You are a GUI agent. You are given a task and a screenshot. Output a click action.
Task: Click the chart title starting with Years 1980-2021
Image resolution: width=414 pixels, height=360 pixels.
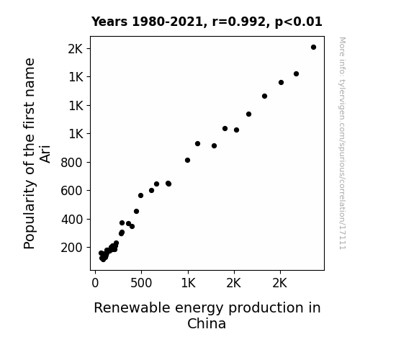[207, 22]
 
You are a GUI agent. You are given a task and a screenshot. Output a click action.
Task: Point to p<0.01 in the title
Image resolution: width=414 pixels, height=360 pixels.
[299, 22]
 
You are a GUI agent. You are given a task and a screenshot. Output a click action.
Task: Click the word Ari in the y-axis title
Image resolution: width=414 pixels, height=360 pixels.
[45, 154]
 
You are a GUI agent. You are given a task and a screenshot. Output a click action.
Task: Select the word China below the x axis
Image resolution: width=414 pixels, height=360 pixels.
[207, 323]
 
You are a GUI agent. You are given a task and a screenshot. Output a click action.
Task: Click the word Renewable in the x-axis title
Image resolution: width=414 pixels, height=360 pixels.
[132, 307]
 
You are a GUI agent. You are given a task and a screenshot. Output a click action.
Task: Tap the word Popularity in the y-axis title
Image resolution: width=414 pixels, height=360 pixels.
[29, 215]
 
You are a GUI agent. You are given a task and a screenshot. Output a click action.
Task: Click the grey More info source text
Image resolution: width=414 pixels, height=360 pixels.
[342, 143]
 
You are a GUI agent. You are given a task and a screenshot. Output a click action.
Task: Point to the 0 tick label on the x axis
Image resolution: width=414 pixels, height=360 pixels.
[95, 283]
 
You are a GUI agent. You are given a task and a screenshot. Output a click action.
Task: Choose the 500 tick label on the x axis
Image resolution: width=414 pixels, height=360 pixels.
[141, 283]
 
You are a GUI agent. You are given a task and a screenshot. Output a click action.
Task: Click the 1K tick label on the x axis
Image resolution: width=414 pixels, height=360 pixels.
[188, 283]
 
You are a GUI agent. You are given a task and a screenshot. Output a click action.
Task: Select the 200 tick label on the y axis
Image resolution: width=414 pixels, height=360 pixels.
[72, 248]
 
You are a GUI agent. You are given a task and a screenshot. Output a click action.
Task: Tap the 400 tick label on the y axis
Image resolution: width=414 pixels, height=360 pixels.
[72, 219]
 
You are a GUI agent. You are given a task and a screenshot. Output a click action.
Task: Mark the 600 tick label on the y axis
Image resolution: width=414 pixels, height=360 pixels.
[72, 190]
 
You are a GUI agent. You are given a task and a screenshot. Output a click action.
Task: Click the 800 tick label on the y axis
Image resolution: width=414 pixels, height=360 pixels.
[72, 163]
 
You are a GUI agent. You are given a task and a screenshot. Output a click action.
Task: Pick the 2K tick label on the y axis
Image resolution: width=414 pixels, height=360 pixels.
[76, 49]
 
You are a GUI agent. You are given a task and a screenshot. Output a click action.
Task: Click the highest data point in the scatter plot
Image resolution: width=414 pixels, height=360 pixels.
[313, 48]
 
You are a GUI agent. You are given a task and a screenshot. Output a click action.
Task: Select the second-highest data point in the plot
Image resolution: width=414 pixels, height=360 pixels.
[296, 73]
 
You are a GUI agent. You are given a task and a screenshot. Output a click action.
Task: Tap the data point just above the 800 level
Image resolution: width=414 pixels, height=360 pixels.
[187, 161]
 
